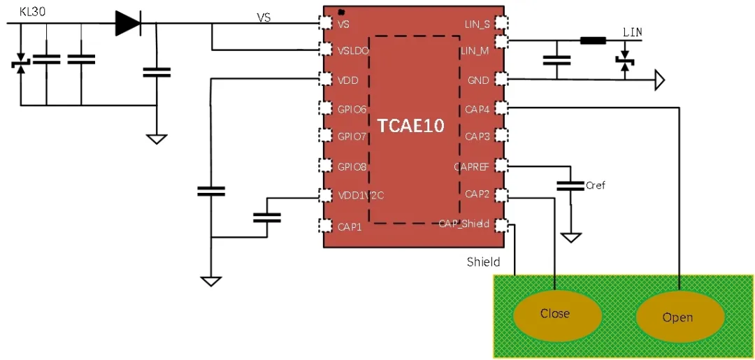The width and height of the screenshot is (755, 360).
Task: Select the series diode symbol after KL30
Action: (128, 24)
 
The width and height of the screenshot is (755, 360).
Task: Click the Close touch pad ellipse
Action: (555, 314)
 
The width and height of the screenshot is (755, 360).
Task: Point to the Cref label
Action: (596, 185)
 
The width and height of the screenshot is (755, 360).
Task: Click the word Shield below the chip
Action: (483, 262)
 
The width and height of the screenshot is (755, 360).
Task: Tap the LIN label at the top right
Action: (632, 32)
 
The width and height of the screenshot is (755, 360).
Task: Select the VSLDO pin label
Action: (353, 52)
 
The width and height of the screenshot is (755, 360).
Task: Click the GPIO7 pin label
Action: (352, 136)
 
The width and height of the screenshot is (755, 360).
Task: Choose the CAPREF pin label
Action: (471, 166)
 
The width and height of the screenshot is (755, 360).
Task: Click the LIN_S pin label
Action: (477, 24)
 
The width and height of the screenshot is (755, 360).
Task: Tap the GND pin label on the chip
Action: (479, 80)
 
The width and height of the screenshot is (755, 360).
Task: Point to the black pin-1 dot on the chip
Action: (341, 12)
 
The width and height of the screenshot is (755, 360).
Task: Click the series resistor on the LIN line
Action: (593, 41)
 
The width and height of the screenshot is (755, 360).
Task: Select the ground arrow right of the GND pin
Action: (659, 80)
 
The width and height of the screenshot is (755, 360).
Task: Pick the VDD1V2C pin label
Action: (360, 195)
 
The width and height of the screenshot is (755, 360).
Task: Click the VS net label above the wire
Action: (264, 17)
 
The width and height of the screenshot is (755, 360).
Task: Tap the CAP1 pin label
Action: (350, 225)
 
